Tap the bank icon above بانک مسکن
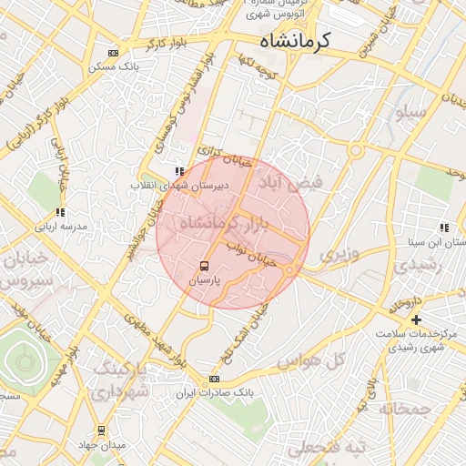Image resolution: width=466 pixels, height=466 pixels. click(112, 53)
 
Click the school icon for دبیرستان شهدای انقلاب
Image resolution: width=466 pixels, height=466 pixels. click(179, 170)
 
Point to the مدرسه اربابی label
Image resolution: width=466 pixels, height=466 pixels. click(60, 226)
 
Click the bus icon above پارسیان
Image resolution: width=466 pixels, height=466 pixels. click(205, 267)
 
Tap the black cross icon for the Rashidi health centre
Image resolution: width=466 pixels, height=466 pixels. click(417, 319)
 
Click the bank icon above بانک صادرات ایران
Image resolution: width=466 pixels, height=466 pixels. click(214, 379)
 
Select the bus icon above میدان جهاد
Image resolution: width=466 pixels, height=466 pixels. click(101, 431)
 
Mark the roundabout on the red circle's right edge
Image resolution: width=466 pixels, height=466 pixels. click(290, 269)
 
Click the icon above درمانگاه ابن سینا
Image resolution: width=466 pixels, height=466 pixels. click(443, 228)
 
